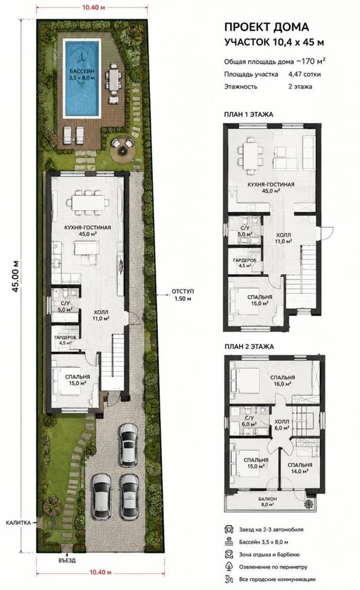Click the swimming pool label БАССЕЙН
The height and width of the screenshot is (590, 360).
click(81, 71)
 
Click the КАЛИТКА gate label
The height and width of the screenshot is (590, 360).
click(19, 522)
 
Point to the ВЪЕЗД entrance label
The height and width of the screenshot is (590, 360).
click(67, 560)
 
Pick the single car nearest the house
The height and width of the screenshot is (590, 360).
click(128, 445)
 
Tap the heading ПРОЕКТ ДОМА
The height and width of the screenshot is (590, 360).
click(266, 27)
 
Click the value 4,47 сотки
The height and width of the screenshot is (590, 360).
click(305, 74)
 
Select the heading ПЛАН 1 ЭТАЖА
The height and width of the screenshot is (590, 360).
click(248, 115)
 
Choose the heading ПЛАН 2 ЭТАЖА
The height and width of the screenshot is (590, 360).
click(248, 347)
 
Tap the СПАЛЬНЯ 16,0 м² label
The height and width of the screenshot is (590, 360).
click(282, 380)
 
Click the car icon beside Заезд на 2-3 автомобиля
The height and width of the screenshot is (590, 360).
click(228, 529)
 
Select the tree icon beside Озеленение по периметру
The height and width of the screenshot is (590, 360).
click(228, 566)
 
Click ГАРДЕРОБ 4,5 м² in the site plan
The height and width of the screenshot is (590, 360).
click(65, 340)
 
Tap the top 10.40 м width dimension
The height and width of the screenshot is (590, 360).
click(92, 8)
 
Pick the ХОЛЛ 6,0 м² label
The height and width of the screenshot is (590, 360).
click(282, 425)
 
